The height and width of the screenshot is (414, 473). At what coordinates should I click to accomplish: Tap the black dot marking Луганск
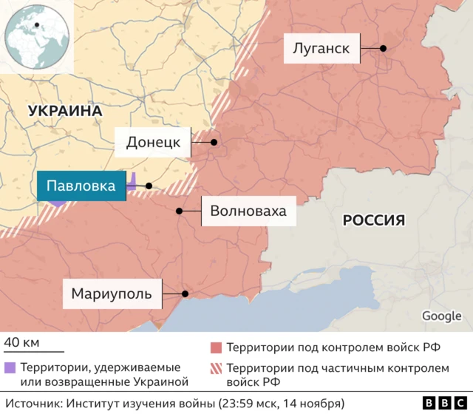coord(384,49)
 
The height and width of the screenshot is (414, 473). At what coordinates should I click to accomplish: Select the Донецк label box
coord(153,142)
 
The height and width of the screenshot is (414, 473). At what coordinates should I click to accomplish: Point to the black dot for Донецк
coord(214,142)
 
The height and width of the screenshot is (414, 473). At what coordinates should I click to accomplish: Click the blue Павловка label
coord(81,186)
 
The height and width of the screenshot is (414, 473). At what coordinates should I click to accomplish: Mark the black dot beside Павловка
coord(149,186)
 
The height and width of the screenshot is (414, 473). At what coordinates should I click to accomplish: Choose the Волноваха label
coord(248,211)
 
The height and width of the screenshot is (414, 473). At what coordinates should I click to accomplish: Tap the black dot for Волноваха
coord(179,211)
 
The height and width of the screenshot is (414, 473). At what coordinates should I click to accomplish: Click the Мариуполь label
coord(112,293)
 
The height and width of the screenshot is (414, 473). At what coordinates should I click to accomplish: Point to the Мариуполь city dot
coord(185,293)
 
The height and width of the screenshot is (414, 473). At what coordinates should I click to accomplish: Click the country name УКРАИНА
coord(64,111)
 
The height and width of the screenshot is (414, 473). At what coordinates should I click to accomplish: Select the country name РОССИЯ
coord(373,220)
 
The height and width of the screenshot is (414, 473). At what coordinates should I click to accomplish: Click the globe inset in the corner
coord(35,35)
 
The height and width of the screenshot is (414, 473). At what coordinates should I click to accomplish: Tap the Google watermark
coord(441,316)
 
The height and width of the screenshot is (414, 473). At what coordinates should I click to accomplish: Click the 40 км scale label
coord(22,342)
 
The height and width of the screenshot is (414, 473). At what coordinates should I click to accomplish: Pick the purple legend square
coord(9,367)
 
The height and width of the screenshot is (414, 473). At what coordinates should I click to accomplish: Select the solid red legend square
coord(216,347)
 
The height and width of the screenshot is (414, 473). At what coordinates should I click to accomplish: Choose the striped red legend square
coord(216,367)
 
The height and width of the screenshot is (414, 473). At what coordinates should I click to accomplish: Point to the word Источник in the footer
coord(32,403)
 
